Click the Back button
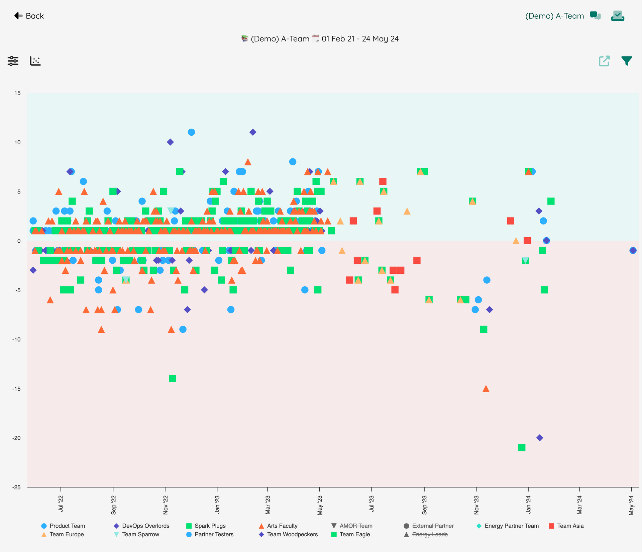point(29,16)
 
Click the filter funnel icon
point(627,61)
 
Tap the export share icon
point(604,61)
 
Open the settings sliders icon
point(13,61)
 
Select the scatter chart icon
point(35,61)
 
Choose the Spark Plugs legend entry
point(206,526)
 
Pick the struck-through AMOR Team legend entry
point(352,526)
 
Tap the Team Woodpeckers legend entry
point(288,535)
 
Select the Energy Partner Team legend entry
point(508,526)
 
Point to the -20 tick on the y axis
point(16,438)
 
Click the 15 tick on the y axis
point(17,93)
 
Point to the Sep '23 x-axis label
point(424,505)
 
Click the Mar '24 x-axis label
point(579,505)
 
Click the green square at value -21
point(522,447)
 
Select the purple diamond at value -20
point(540,438)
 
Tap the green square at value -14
point(173,379)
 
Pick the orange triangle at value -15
point(486,389)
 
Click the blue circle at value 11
point(191,132)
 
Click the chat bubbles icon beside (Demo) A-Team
point(595,16)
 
